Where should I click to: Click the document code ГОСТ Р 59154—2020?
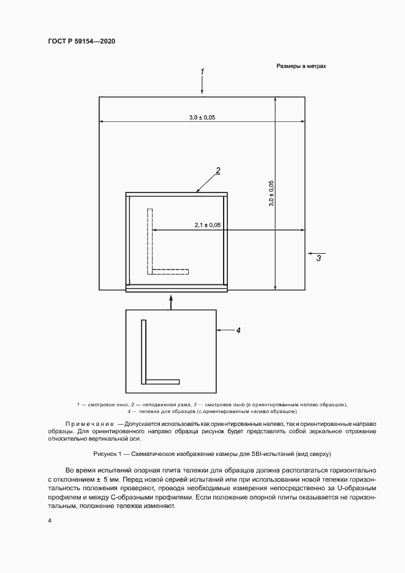pos(81,41)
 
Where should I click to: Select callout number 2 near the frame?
pos(218,171)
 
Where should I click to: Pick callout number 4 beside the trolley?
pos(238,330)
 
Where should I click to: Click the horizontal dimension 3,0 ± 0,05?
pos(202,117)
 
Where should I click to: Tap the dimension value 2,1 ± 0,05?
pos(208,226)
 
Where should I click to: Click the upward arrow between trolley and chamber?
pos(172,300)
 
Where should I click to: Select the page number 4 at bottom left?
pos(49,520)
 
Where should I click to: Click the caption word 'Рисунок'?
pos(108,454)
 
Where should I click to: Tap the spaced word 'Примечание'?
pos(86,424)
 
